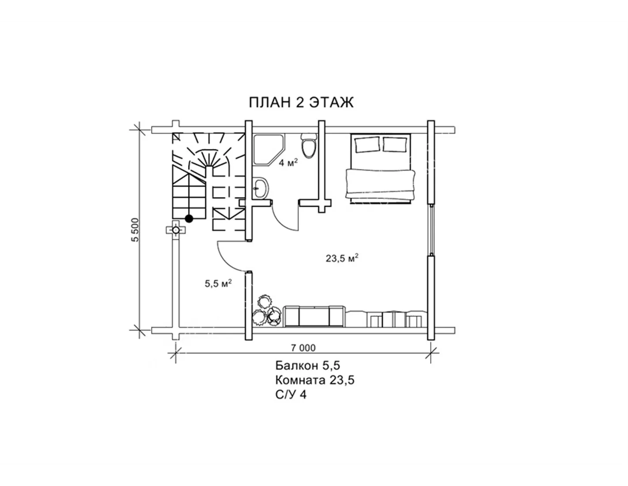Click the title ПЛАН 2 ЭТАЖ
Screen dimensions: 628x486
pos(301,103)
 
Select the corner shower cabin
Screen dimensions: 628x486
pos(269,150)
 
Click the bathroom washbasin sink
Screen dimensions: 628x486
pos(261,188)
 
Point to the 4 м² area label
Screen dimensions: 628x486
pos(288,163)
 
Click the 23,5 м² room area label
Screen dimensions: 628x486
pos(342,258)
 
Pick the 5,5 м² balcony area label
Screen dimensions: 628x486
pos(218,283)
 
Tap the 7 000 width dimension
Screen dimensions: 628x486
pos(303,348)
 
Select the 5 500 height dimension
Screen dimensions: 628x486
pos(135,230)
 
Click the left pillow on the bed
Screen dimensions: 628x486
pos(367,144)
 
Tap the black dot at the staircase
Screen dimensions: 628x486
pos(189,219)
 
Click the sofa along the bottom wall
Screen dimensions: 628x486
pos(314,316)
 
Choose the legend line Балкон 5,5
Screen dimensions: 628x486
pos(307,366)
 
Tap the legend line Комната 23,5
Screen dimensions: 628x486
pos(315,380)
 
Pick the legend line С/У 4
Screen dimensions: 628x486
pos(291,395)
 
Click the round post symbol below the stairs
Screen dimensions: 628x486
pos(175,230)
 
